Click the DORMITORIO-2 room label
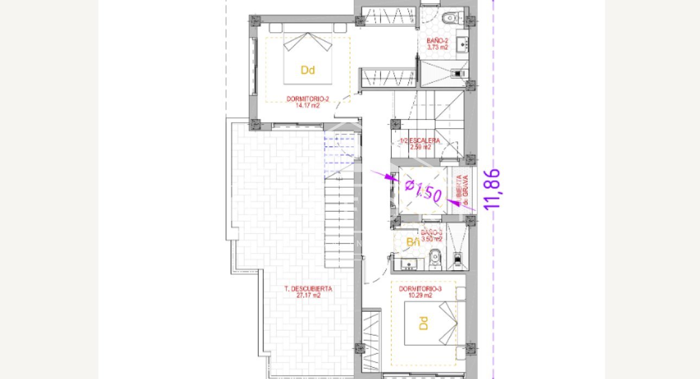click(x=308, y=99)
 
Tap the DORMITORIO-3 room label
click(x=420, y=289)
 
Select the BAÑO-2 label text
click(x=437, y=41)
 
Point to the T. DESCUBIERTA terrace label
click(x=308, y=289)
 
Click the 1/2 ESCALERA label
click(x=420, y=141)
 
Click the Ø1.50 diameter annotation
click(x=423, y=189)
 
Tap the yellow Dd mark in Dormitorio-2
click(x=308, y=70)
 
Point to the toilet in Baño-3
click(x=435, y=260)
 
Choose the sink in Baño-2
click(x=462, y=43)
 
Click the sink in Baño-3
click(x=408, y=264)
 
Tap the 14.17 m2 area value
click(x=308, y=105)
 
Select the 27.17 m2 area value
click(x=308, y=296)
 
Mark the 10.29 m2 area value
click(x=420, y=295)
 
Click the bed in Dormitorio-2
click(x=308, y=58)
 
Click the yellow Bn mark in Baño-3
click(x=413, y=242)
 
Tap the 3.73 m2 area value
click(x=437, y=47)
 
